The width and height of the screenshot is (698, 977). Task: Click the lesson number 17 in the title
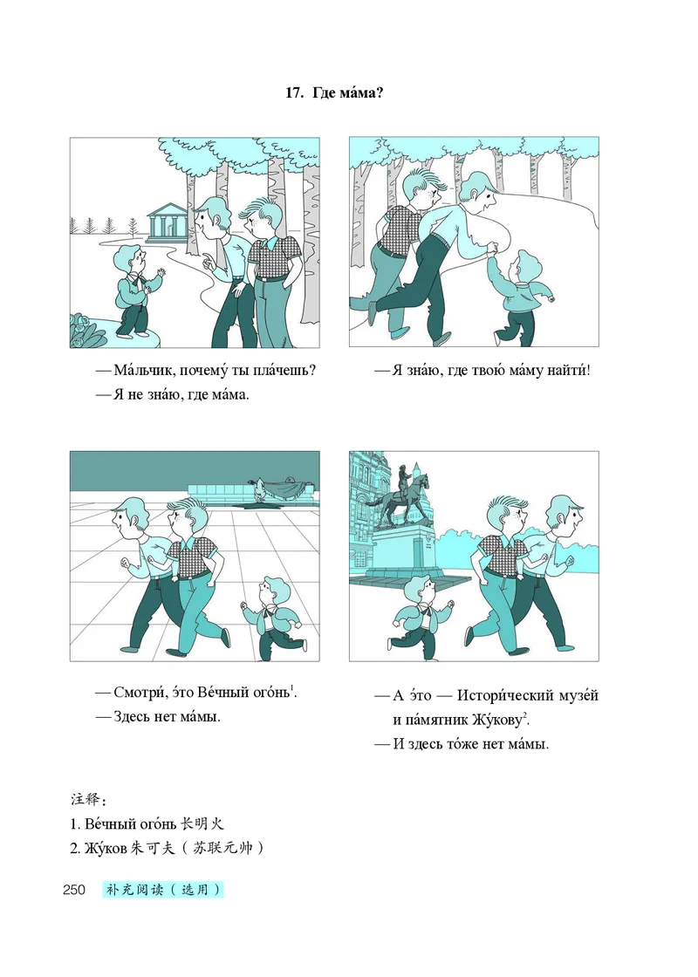(294, 93)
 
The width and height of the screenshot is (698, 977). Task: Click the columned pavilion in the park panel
(168, 222)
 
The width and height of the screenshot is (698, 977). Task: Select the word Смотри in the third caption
(136, 693)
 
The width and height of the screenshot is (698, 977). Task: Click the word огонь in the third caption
(271, 693)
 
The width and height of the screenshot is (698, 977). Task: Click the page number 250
(74, 890)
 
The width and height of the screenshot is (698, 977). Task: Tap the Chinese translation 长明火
(202, 823)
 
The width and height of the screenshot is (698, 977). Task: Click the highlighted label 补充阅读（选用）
(163, 890)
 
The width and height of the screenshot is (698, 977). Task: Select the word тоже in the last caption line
(463, 744)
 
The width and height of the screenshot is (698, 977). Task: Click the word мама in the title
(363, 93)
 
